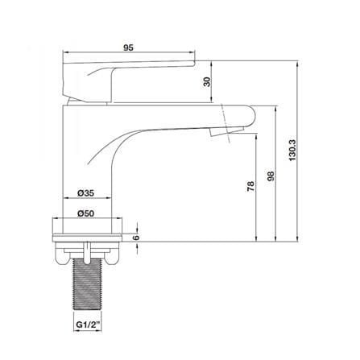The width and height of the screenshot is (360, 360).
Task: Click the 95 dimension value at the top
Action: pos(128,48)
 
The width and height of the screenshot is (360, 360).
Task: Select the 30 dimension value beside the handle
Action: pos(208,81)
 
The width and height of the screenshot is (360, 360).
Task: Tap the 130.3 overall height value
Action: pos(292,151)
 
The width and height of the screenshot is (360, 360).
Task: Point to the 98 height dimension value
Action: pos(271,176)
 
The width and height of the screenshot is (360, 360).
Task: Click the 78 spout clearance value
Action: pos(250,186)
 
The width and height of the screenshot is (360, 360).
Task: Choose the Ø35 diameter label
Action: pos(85,192)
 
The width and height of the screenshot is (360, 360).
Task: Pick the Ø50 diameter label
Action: pos(85,213)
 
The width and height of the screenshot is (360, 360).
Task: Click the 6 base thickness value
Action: pos(136,238)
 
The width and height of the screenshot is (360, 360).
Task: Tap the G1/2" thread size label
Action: pos(89,324)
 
